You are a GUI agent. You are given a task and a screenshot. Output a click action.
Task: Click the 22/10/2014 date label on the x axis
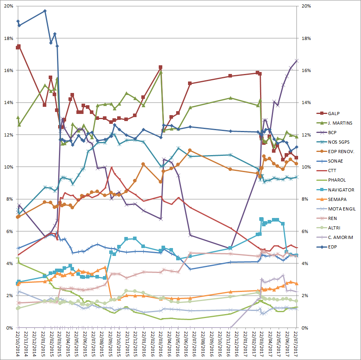click(x=18, y=345)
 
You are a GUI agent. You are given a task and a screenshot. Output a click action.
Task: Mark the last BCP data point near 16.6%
click(x=297, y=61)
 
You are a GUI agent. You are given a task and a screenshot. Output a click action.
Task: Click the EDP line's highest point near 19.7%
click(x=45, y=11)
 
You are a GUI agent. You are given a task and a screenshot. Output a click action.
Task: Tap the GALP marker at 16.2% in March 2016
click(x=160, y=67)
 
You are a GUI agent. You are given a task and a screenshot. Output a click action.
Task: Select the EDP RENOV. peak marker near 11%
click(x=190, y=150)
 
